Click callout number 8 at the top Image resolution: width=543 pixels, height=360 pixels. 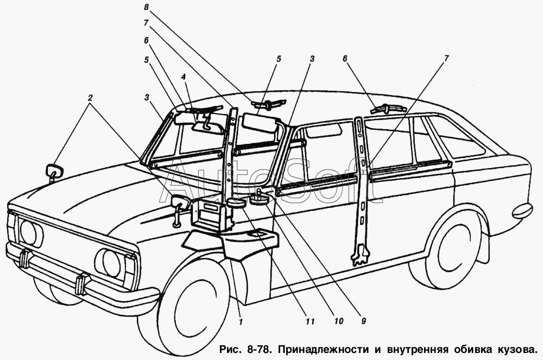click(146, 7)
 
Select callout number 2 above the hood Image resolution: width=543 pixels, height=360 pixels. click(90, 98)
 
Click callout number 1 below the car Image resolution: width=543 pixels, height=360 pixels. click(241, 321)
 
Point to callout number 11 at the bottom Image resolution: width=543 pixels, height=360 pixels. click(310, 321)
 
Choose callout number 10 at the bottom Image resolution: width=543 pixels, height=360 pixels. click(338, 321)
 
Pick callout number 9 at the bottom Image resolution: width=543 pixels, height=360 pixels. click(363, 321)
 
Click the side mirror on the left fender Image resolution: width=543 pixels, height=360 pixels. click(54, 172)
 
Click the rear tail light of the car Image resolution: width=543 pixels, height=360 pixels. click(522, 210)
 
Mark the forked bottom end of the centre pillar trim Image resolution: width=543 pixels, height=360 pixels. click(360, 255)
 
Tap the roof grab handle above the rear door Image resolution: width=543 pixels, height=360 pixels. click(387, 109)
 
